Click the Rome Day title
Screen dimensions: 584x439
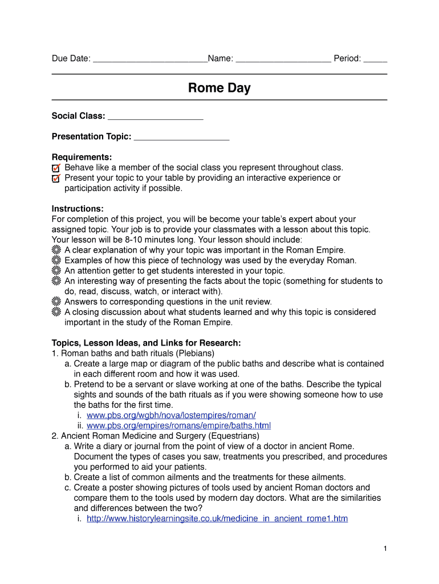click(x=219, y=88)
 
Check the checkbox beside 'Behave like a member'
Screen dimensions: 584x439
click(x=56, y=168)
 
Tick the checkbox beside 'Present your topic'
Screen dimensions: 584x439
click(x=56, y=179)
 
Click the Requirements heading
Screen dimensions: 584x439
click(x=82, y=157)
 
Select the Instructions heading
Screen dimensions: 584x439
click(x=78, y=209)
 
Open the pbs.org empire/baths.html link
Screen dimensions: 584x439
click(x=178, y=425)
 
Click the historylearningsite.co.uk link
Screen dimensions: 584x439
click(x=217, y=518)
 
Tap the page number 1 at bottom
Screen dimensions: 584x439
click(x=385, y=549)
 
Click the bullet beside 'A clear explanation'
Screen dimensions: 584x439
click(x=56, y=250)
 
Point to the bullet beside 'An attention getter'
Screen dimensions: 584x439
click(x=56, y=271)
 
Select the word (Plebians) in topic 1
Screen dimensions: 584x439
click(x=195, y=353)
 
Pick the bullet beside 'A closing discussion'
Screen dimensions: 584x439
click(x=56, y=312)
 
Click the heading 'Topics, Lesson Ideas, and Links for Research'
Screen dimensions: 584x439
click(x=146, y=343)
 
